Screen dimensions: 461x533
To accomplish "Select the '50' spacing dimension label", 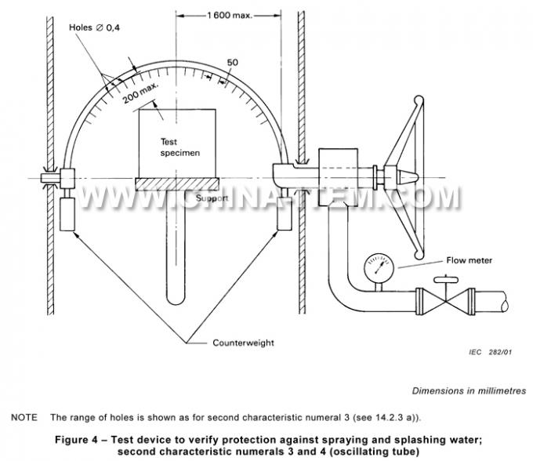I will pyautogui.click(x=233, y=63).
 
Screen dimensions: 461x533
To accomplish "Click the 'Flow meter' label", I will pyautogui.click(x=470, y=260).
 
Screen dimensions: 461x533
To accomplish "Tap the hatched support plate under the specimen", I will pyautogui.click(x=180, y=184).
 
